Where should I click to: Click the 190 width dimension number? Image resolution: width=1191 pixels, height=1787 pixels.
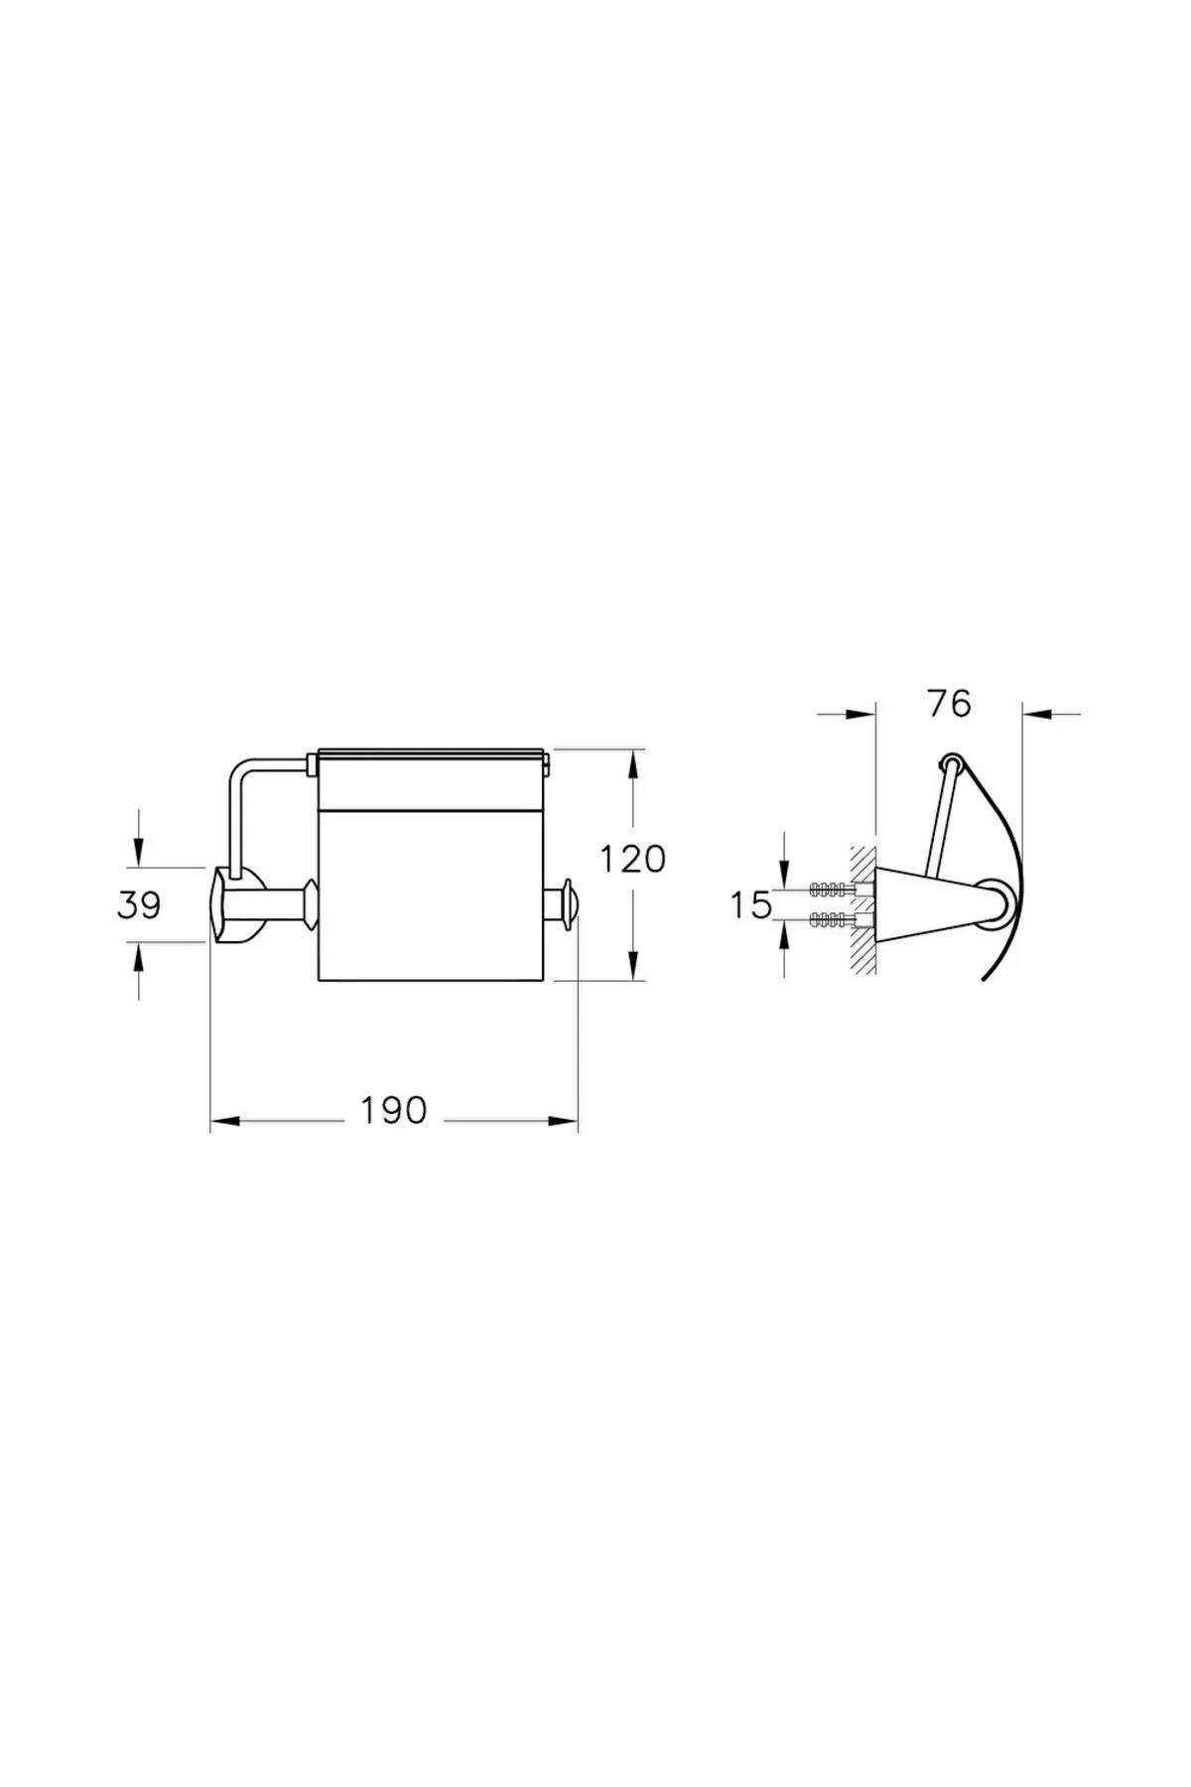(x=393, y=1110)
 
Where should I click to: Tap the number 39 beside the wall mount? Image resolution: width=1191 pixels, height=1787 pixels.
(x=139, y=904)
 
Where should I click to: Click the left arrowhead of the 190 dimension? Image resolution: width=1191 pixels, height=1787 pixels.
(x=225, y=1122)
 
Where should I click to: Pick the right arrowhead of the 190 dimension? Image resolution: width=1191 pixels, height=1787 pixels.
(x=563, y=1122)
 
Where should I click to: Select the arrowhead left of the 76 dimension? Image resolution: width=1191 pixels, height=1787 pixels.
(x=860, y=712)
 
